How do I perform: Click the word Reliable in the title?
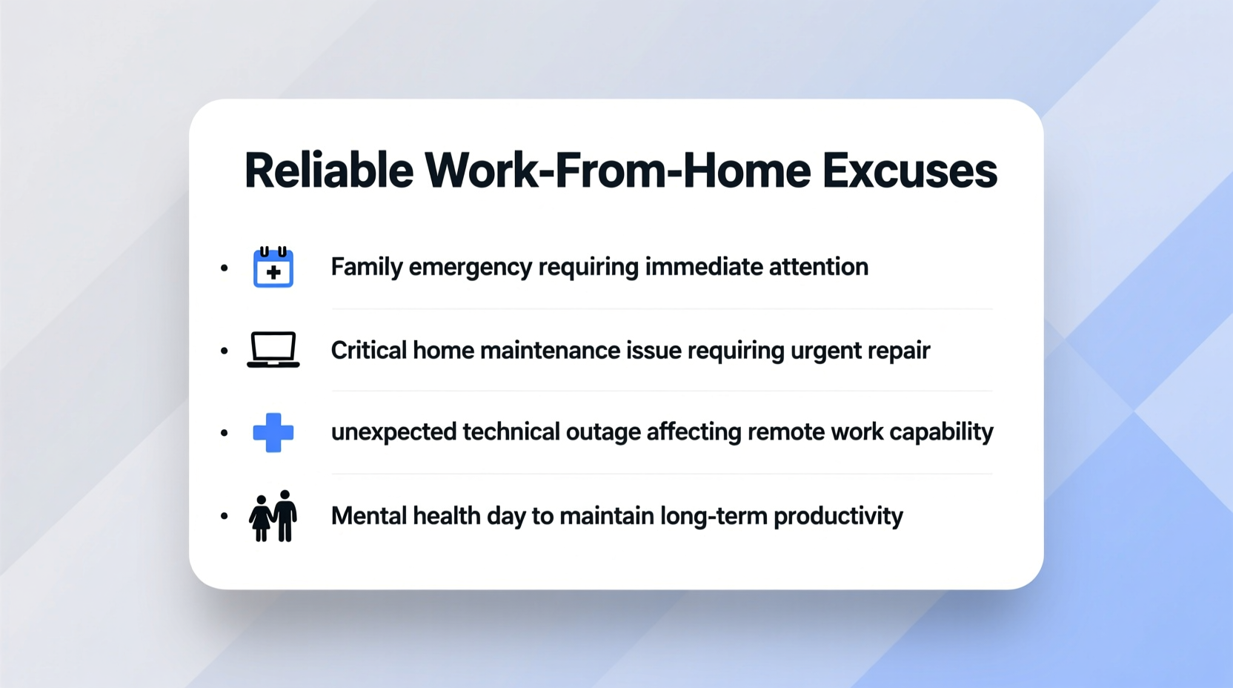[x=328, y=171]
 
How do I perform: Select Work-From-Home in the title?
[x=617, y=171]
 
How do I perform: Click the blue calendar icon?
[x=273, y=267]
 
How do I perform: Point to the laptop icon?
[x=273, y=349]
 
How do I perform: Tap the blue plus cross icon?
[x=273, y=432]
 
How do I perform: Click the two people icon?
[x=273, y=516]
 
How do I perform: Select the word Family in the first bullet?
[x=366, y=267]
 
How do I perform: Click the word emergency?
[x=470, y=268]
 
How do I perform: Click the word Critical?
[x=368, y=350]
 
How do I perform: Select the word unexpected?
[x=393, y=432]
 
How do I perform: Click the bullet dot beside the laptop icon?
[x=225, y=351]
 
